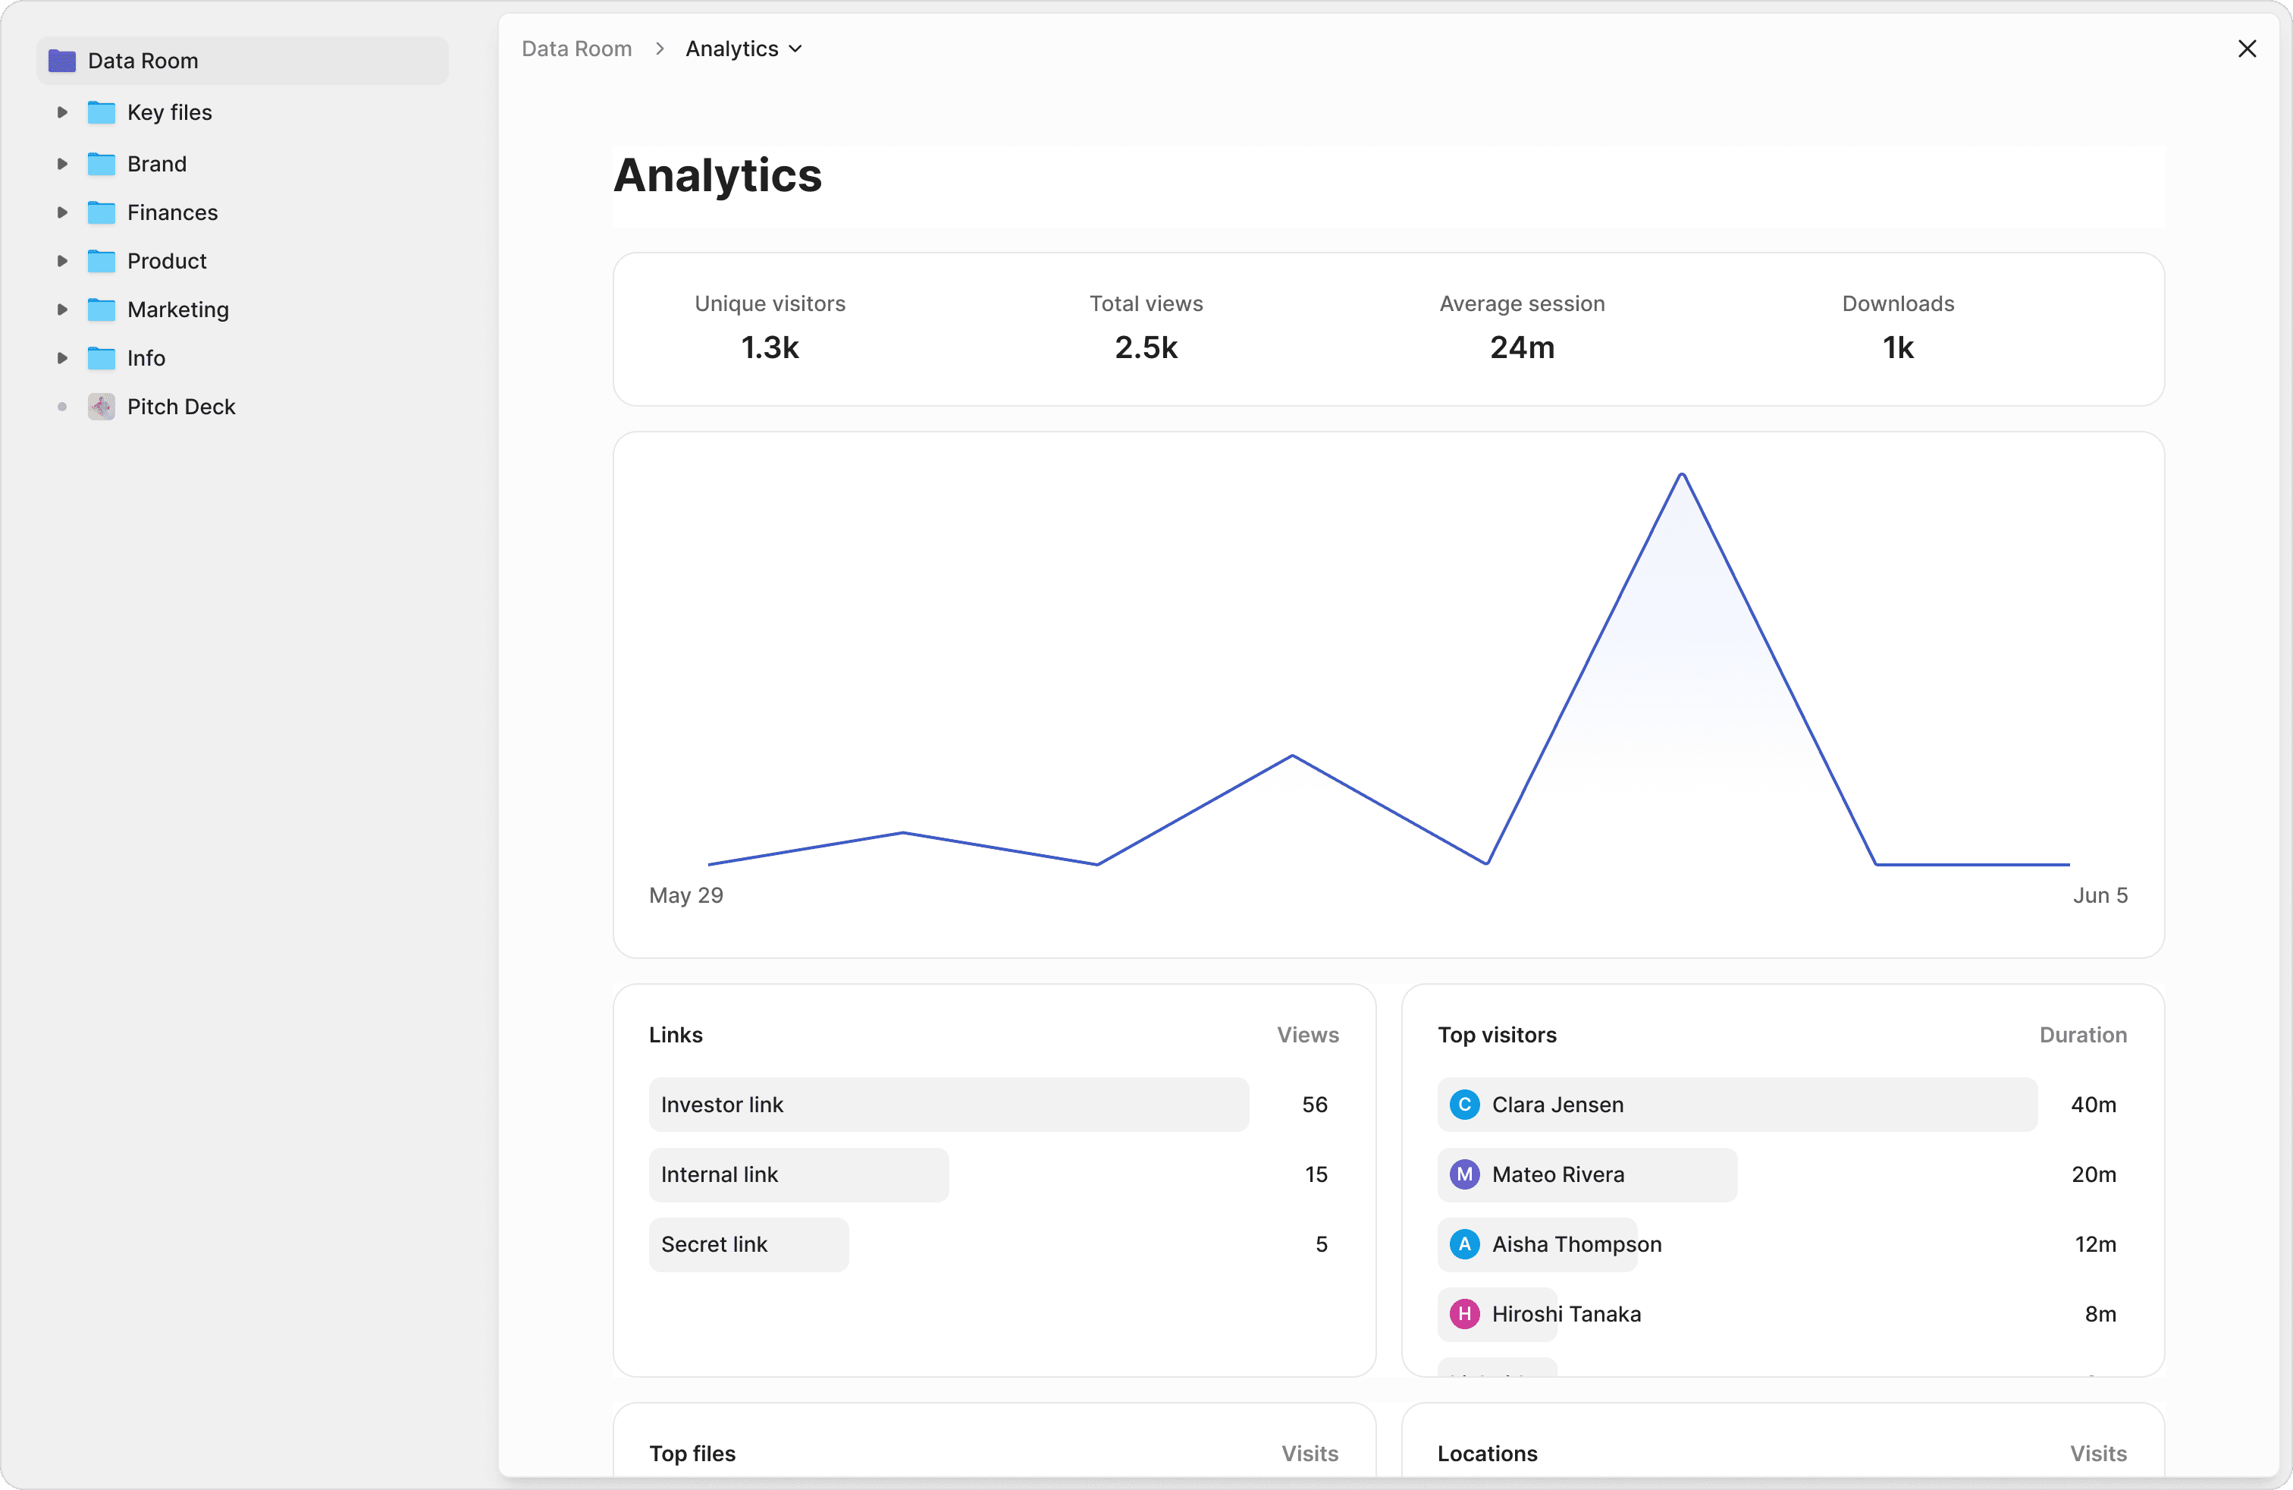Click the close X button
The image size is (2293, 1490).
click(2247, 49)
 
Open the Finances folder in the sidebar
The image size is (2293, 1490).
click(172, 212)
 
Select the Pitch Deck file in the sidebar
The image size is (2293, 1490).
click(181, 407)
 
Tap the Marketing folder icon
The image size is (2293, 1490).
click(101, 310)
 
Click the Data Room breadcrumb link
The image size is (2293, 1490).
click(576, 49)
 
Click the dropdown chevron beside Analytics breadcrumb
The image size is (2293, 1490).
click(796, 49)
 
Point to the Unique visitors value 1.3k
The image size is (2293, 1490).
click(770, 347)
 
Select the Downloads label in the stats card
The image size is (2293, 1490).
click(1897, 303)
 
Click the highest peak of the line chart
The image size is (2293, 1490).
click(1681, 474)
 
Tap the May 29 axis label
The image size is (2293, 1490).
click(686, 895)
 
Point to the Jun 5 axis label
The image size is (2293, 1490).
click(2100, 895)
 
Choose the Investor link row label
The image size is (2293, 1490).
click(722, 1105)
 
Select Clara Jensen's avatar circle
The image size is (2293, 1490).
click(1464, 1105)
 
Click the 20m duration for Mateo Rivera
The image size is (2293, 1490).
click(2093, 1174)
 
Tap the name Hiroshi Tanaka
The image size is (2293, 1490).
click(1566, 1314)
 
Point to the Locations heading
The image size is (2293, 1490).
click(1487, 1454)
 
